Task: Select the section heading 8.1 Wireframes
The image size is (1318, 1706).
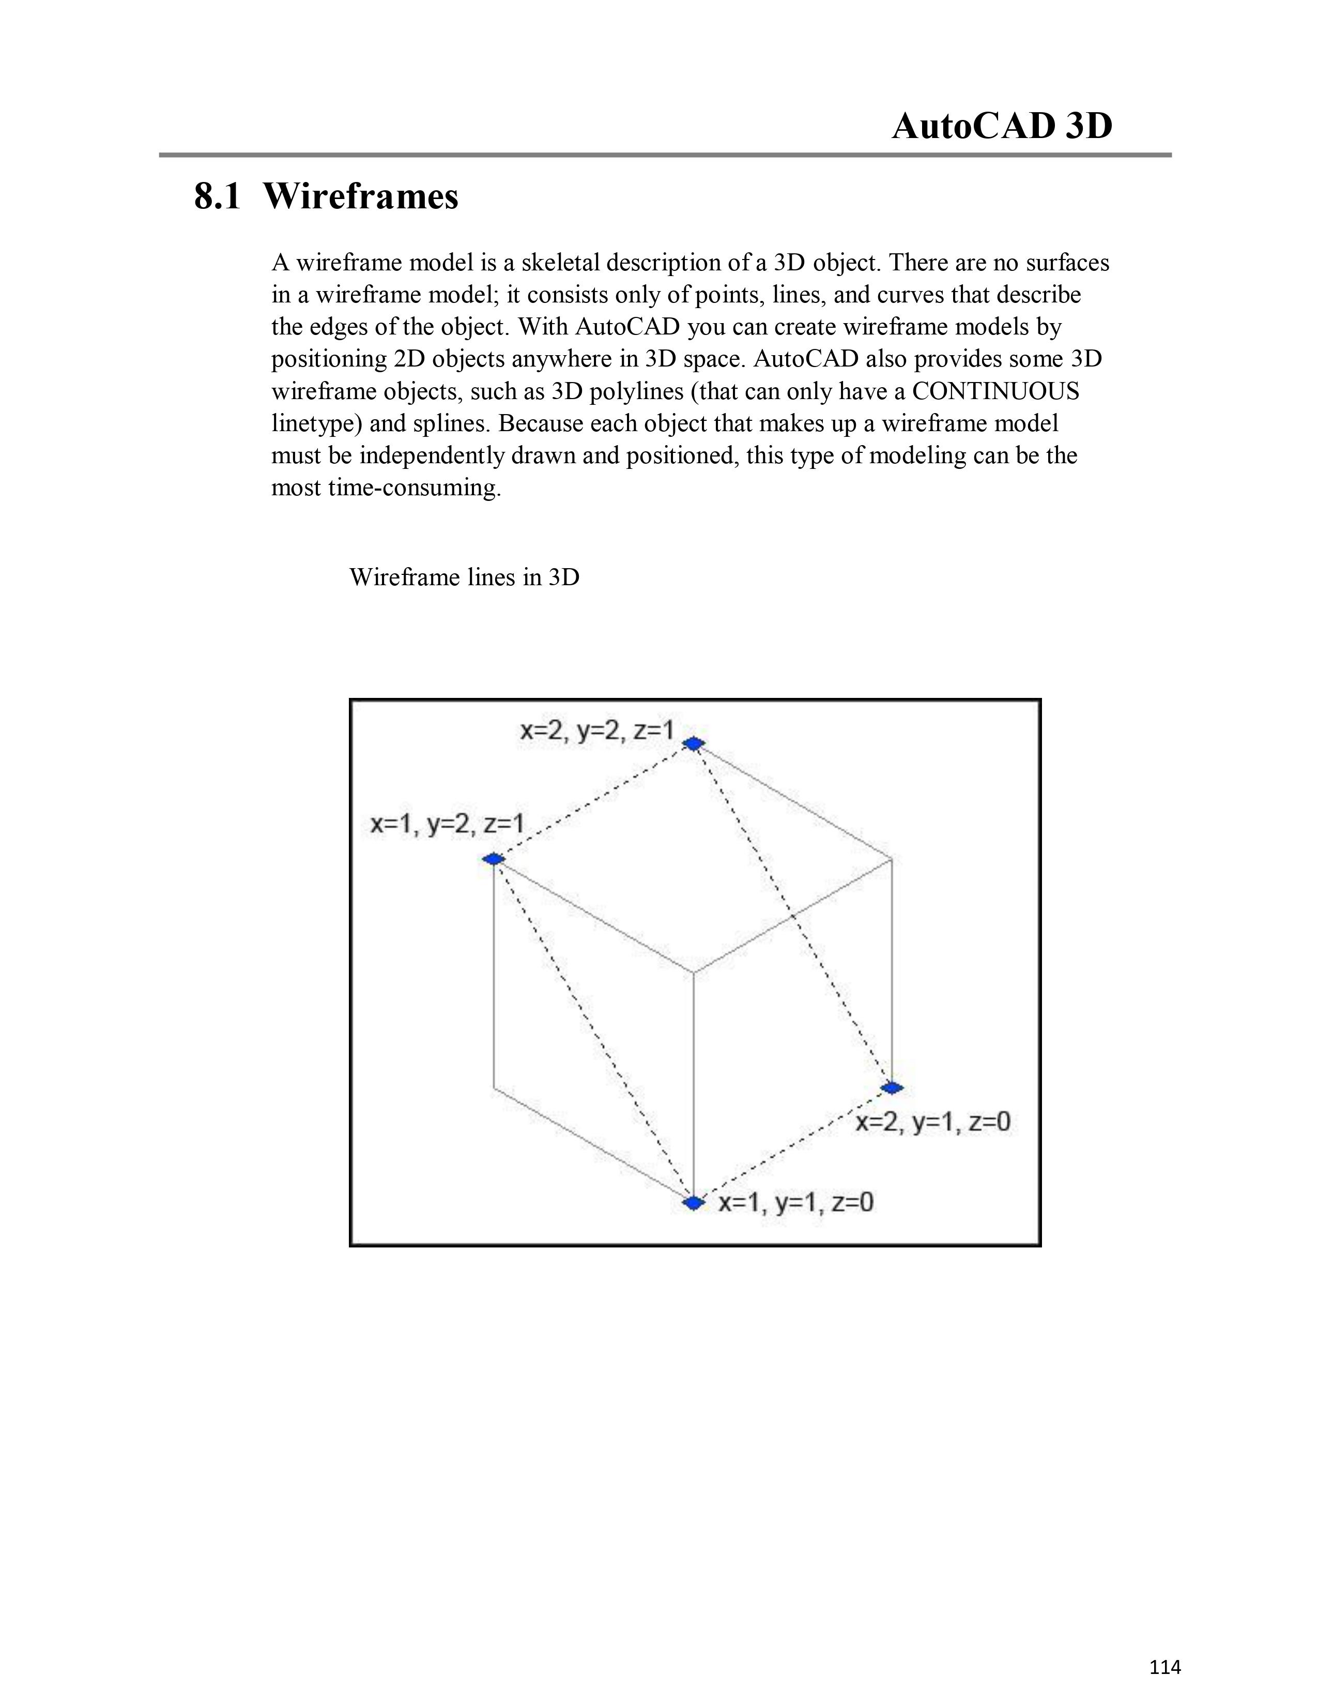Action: click(326, 196)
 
